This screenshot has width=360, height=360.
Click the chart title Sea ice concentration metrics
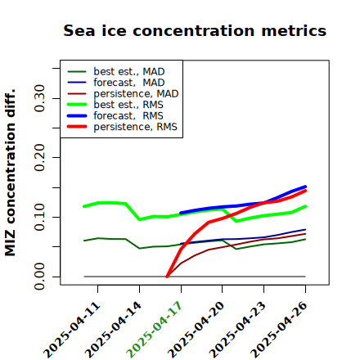(195, 30)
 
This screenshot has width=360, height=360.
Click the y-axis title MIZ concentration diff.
(10, 173)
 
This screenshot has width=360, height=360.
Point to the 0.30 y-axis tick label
(40, 98)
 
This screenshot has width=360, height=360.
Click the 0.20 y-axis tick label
(40, 158)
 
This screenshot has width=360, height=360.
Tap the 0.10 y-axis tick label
(40, 217)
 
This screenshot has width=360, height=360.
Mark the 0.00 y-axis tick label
(40, 277)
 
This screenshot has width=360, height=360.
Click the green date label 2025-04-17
(154, 330)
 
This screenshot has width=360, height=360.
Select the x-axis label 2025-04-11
(71, 330)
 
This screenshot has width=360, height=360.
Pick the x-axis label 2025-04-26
(278, 330)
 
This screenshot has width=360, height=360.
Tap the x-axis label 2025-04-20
(196, 330)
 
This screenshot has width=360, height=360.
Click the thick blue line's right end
(305, 187)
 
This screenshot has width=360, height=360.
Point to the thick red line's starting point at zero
(167, 277)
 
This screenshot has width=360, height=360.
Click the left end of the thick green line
(83, 206)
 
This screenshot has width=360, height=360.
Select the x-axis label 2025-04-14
(113, 330)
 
